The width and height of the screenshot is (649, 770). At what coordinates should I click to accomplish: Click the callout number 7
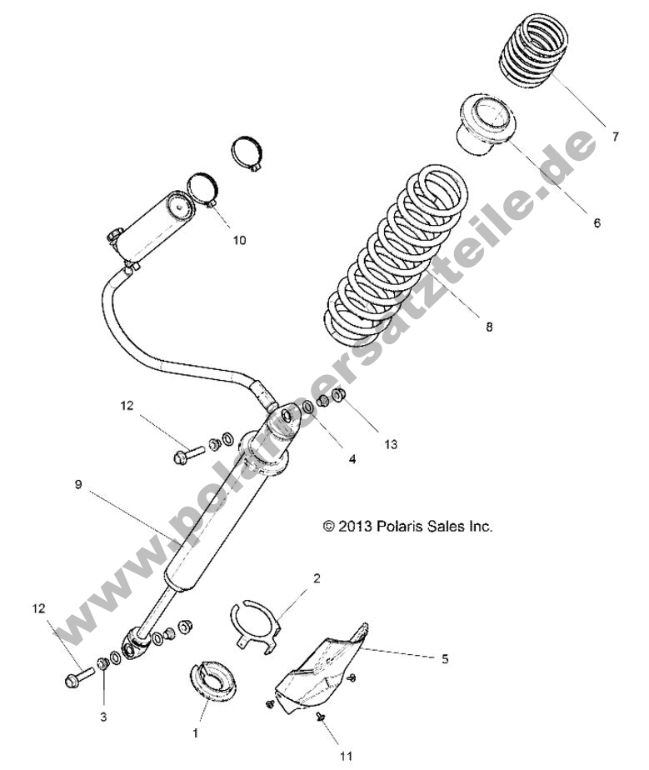click(x=615, y=137)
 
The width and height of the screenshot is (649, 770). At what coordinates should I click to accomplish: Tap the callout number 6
click(x=597, y=222)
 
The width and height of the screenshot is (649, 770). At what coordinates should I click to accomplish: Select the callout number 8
click(x=489, y=327)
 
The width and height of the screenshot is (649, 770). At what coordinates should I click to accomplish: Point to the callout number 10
click(x=239, y=240)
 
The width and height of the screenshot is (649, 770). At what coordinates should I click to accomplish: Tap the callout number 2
click(x=317, y=577)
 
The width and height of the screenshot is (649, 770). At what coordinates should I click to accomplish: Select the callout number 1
click(x=197, y=732)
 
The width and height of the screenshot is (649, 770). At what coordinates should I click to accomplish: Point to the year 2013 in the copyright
click(x=354, y=526)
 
